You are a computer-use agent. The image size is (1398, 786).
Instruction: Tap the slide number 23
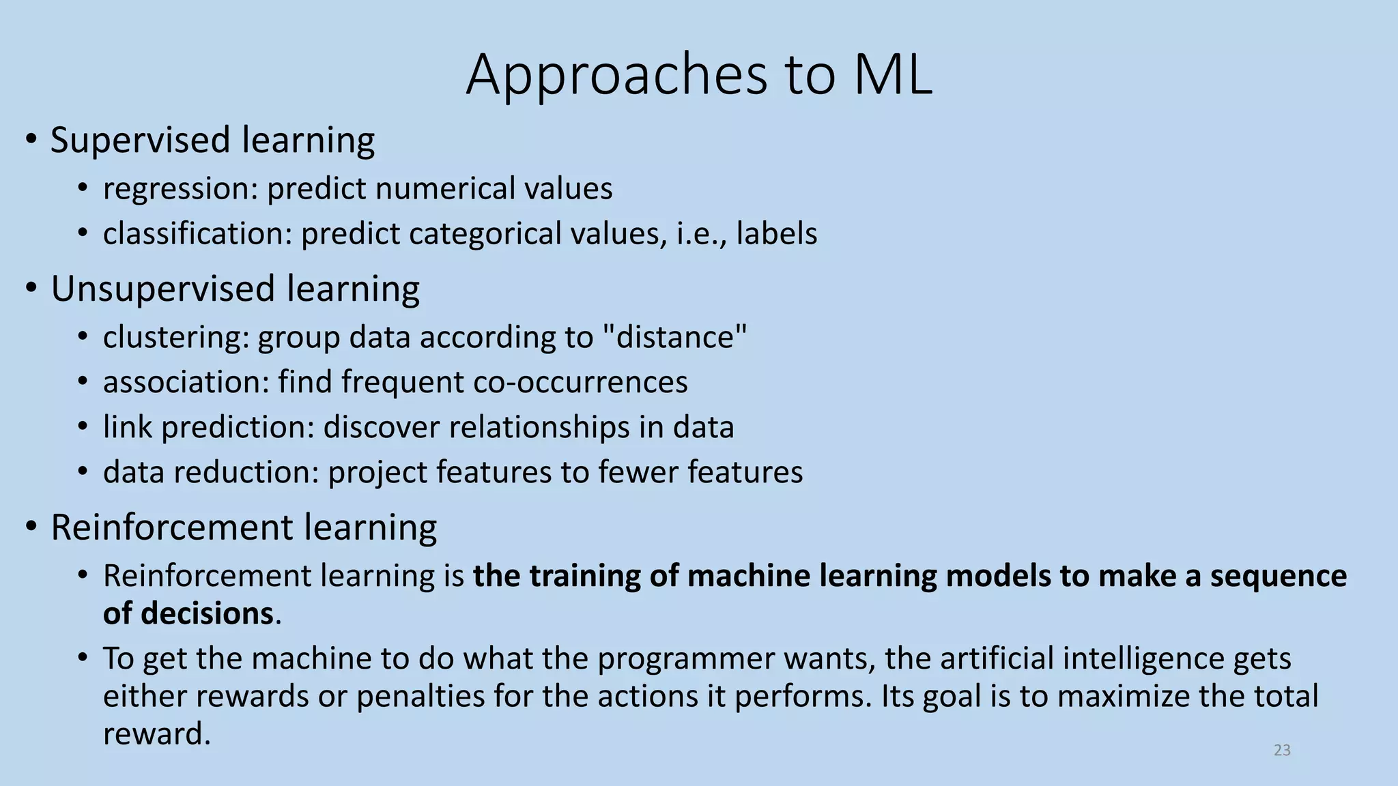tap(1282, 750)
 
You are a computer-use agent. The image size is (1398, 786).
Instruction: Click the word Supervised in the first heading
tap(141, 141)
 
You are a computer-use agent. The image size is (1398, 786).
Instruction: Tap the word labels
tap(776, 233)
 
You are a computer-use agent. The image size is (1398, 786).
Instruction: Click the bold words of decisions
tap(188, 613)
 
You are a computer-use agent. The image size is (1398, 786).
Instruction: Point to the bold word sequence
tap(1278, 576)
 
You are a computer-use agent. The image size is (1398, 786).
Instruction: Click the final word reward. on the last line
tap(157, 734)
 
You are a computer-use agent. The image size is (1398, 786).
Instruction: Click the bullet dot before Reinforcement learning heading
tap(31, 527)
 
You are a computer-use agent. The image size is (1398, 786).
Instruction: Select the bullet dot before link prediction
tap(83, 427)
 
